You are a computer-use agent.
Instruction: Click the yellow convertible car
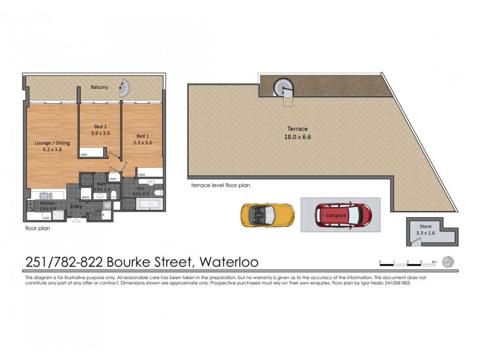(267, 214)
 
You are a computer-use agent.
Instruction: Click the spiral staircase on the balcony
(125, 89)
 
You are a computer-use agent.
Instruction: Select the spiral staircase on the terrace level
(283, 88)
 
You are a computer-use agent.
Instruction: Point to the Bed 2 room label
(100, 127)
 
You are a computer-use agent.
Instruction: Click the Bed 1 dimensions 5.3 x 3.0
(142, 143)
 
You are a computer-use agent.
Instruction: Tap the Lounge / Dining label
(52, 143)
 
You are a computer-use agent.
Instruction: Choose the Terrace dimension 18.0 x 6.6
(298, 137)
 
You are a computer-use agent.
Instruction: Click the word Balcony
(100, 88)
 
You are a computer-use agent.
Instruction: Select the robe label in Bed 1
(142, 174)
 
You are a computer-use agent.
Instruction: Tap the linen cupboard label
(113, 178)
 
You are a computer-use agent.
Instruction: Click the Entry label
(76, 207)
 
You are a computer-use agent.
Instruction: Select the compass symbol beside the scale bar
(448, 262)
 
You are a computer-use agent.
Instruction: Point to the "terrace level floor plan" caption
(220, 186)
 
